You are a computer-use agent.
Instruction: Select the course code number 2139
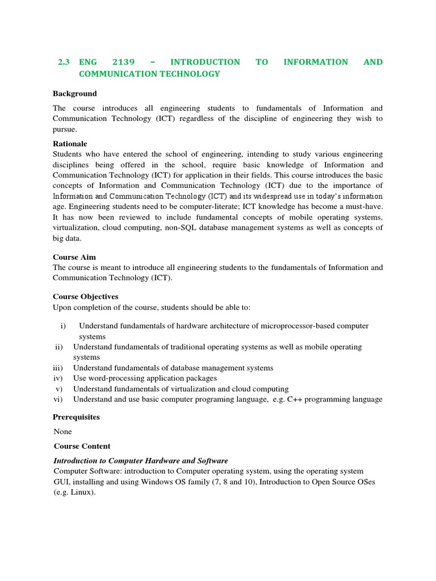[128, 62]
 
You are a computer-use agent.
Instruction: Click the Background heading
[75, 94]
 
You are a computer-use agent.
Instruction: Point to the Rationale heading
[70, 144]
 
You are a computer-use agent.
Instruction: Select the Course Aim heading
[74, 257]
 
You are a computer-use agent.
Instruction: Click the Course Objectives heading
[86, 297]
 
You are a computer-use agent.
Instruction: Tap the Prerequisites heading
[76, 417]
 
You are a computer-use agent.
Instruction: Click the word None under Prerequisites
[62, 432]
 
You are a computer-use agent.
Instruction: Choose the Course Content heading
[82, 446]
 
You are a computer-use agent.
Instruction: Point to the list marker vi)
[58, 399]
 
